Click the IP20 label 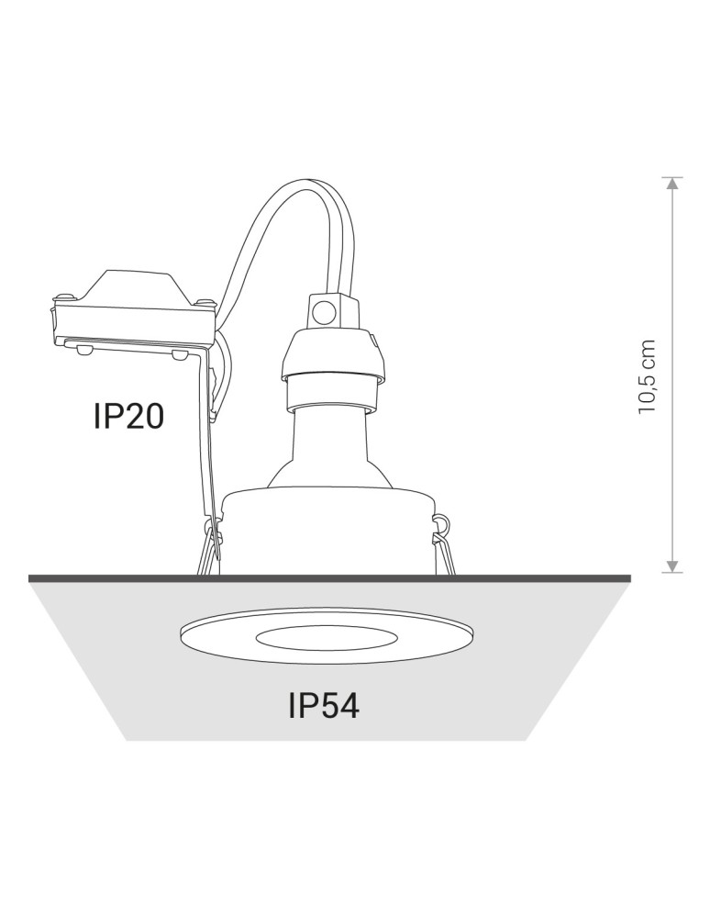coord(128,416)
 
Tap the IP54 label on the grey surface coord(323,705)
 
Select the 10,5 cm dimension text coord(649,376)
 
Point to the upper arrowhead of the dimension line coord(673,185)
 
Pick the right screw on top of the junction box coord(205,301)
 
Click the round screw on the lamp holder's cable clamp coord(323,313)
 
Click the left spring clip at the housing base coord(211,551)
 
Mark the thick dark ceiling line coord(330,577)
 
